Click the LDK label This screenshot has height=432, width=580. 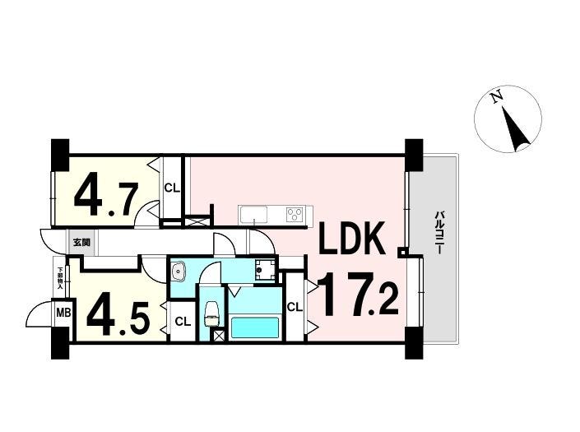click(351, 241)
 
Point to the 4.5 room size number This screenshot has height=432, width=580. click(118, 314)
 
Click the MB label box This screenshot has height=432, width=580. click(63, 313)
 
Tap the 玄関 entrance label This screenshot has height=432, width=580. click(81, 242)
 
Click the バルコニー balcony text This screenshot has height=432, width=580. click(440, 235)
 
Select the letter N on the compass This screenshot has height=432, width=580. click(496, 98)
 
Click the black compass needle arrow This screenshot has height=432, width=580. click(517, 130)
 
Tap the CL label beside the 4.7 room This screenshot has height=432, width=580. click(171, 188)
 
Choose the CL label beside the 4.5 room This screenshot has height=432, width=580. click(183, 322)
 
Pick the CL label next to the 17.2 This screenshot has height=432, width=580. click(295, 308)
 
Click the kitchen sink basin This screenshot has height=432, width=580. click(252, 216)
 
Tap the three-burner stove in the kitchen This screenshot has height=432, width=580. click(294, 215)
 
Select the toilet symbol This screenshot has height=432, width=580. click(211, 313)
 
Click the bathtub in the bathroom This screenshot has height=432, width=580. click(255, 327)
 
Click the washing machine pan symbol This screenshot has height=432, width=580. click(265, 271)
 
